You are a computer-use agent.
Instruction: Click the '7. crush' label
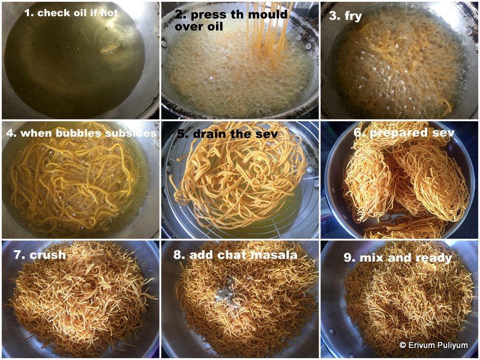(x=40, y=255)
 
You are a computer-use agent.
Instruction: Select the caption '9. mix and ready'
(x=397, y=258)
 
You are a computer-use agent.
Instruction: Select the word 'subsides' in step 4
(x=133, y=133)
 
